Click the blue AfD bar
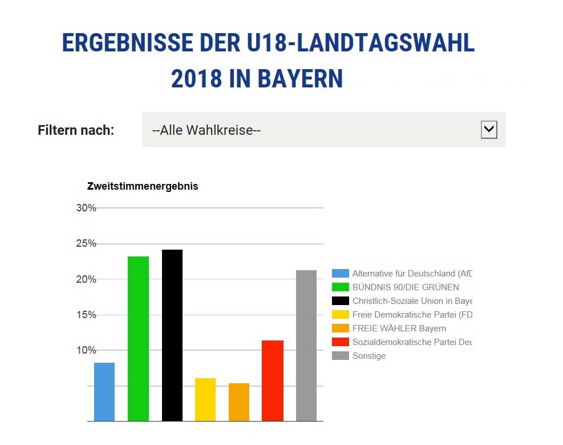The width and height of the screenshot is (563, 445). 104,392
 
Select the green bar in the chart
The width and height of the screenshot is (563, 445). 138,339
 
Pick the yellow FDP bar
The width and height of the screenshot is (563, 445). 205,399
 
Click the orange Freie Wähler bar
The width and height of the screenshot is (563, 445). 239,402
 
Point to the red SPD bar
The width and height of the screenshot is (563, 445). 273,380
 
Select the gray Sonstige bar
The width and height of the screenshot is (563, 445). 306,346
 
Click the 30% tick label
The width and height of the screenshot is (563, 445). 86,208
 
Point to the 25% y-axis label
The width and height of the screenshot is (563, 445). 86,244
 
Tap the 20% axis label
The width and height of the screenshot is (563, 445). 86,279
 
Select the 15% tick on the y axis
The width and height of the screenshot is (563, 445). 86,315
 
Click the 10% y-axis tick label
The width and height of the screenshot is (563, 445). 86,350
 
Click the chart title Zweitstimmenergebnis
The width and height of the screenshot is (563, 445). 143,186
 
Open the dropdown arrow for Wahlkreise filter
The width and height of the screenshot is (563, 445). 489,130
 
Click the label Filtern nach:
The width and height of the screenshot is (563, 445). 76,130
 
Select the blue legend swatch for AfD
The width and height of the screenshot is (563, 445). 341,274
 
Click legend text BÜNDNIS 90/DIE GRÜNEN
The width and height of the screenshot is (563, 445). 406,287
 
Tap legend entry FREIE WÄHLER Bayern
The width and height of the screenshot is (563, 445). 399,328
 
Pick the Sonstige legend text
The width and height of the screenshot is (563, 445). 369,356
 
